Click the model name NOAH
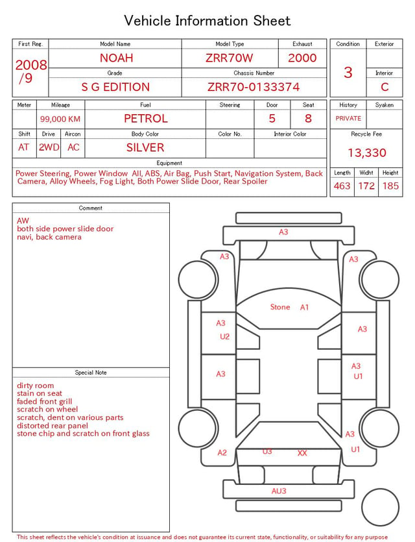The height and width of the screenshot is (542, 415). (x=116, y=58)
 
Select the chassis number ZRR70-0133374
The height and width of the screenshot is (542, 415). (x=254, y=87)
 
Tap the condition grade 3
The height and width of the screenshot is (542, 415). (x=348, y=73)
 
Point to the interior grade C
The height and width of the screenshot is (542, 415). (x=385, y=87)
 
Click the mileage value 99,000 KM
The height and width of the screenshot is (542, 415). (x=60, y=119)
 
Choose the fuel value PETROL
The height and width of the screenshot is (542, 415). (x=146, y=119)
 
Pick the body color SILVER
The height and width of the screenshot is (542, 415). (x=145, y=147)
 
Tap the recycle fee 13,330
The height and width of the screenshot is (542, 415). (x=366, y=153)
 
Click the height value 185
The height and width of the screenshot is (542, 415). (x=390, y=186)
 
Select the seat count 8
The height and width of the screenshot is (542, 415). (x=308, y=119)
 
